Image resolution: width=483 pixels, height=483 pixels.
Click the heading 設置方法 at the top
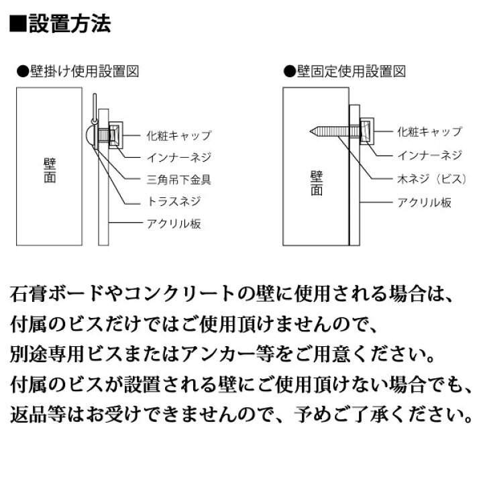click(x=70, y=23)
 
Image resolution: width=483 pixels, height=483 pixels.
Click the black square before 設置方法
click(x=18, y=23)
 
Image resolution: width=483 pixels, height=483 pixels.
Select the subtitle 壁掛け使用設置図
click(x=85, y=72)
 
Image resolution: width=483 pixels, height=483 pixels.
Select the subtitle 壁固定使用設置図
click(x=351, y=72)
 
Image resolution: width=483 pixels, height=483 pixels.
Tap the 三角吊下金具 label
click(x=179, y=180)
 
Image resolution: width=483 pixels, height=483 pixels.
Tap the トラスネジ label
click(x=174, y=201)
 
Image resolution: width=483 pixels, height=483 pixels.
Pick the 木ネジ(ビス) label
click(x=432, y=178)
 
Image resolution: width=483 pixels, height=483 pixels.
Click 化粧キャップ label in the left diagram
click(x=179, y=136)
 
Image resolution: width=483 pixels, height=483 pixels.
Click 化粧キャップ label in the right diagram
click(x=430, y=131)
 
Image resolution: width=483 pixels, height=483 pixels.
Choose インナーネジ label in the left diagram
click(x=179, y=158)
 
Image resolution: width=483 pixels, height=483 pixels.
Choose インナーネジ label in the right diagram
click(x=430, y=155)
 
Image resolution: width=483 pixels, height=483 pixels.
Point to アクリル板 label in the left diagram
click(x=174, y=223)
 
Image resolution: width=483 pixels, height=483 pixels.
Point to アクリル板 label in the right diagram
click(x=425, y=203)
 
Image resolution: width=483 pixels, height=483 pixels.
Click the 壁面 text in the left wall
click(x=50, y=170)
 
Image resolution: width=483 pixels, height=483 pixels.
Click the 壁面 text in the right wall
click(x=317, y=183)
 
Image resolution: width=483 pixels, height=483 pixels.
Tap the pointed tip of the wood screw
click(x=310, y=132)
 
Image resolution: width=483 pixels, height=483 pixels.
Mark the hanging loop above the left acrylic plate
click(x=95, y=108)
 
